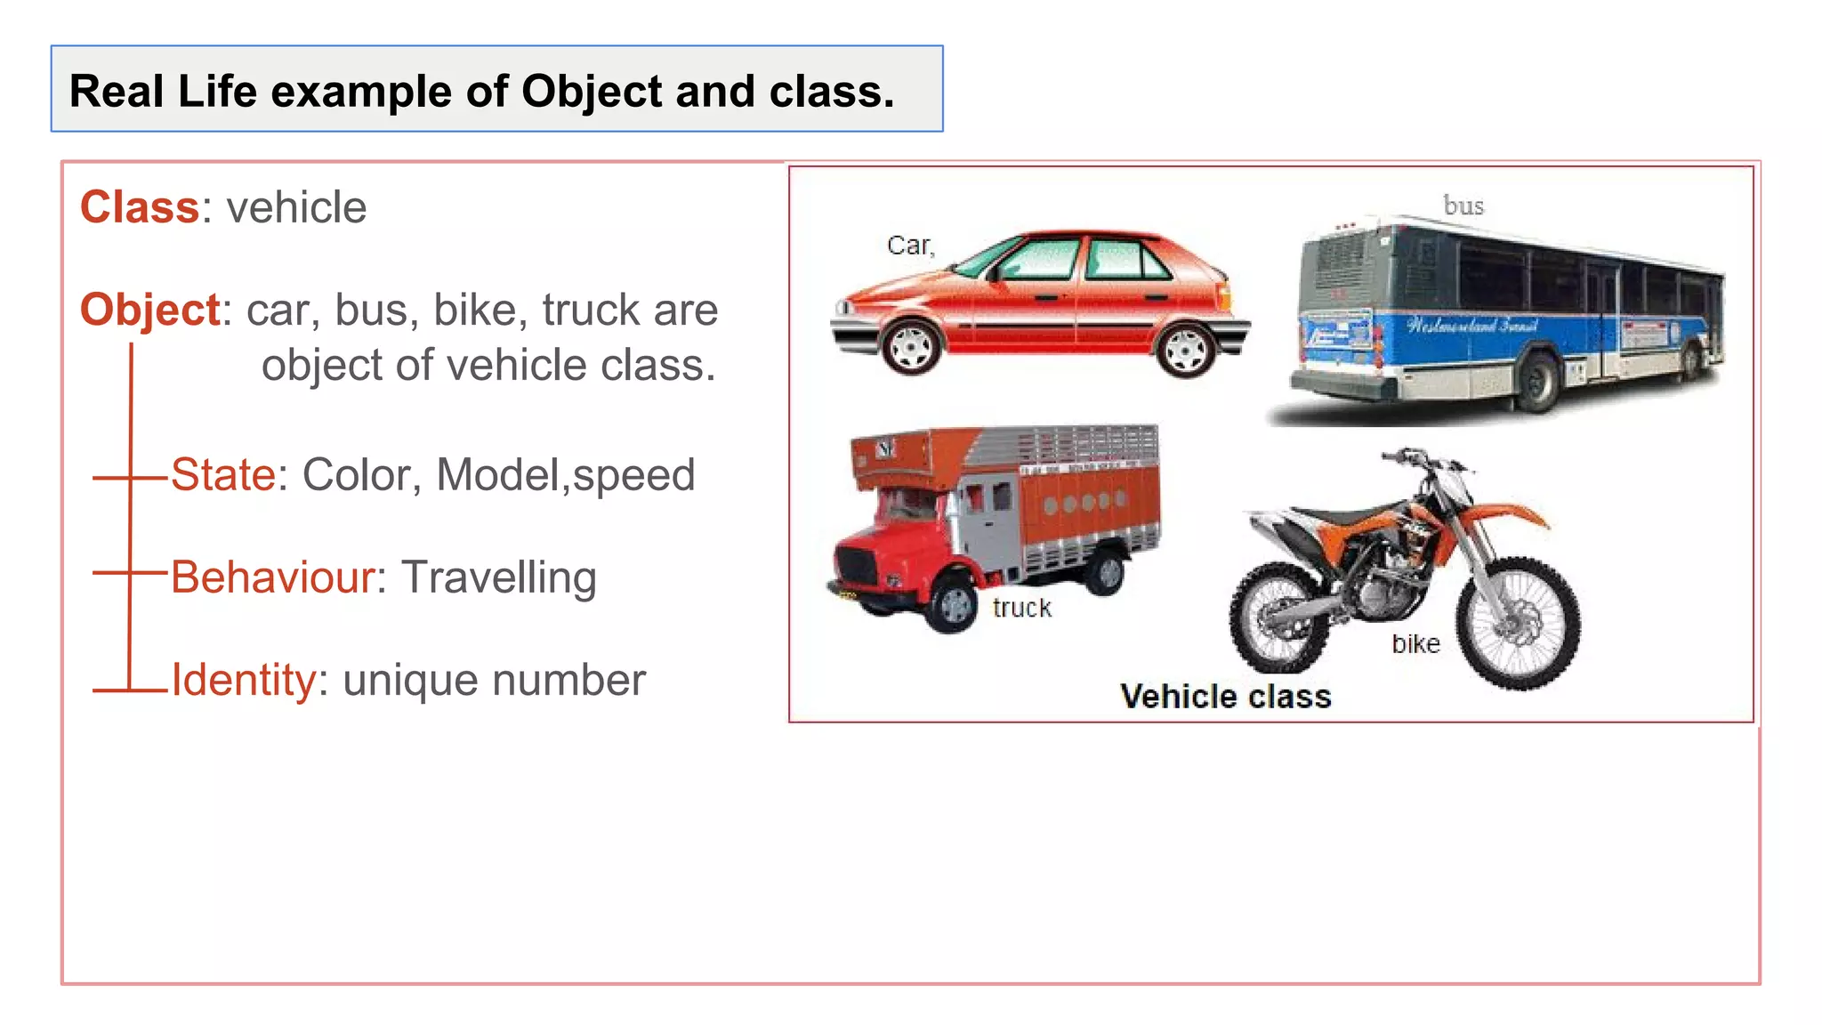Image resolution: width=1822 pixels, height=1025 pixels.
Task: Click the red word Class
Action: pyautogui.click(x=139, y=207)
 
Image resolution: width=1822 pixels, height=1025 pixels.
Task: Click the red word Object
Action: pyautogui.click(x=149, y=311)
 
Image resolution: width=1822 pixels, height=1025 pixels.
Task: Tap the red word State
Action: pyautogui.click(x=223, y=474)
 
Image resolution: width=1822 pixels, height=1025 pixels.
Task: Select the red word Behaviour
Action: pyautogui.click(x=272, y=577)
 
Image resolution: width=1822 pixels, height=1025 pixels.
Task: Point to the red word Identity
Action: pyautogui.click(x=243, y=681)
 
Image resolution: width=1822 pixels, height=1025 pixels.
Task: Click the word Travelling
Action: pyautogui.click(x=498, y=577)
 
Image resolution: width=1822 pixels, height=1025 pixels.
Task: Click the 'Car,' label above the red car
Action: pyautogui.click(x=910, y=246)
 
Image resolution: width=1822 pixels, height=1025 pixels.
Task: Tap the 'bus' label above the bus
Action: pyautogui.click(x=1463, y=206)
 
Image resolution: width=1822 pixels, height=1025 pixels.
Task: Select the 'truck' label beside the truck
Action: pyautogui.click(x=1021, y=608)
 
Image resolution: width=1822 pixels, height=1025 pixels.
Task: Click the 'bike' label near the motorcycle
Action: pyautogui.click(x=1415, y=643)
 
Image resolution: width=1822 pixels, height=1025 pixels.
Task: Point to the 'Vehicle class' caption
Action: pyautogui.click(x=1225, y=697)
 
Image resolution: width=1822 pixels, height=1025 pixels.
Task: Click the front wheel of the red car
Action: pyautogui.click(x=910, y=348)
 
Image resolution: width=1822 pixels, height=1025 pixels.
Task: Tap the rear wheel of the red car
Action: pyautogui.click(x=1185, y=350)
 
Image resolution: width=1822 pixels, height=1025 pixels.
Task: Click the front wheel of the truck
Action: pyautogui.click(x=953, y=605)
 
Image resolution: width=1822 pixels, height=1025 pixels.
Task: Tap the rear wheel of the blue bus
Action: pyautogui.click(x=1537, y=381)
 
